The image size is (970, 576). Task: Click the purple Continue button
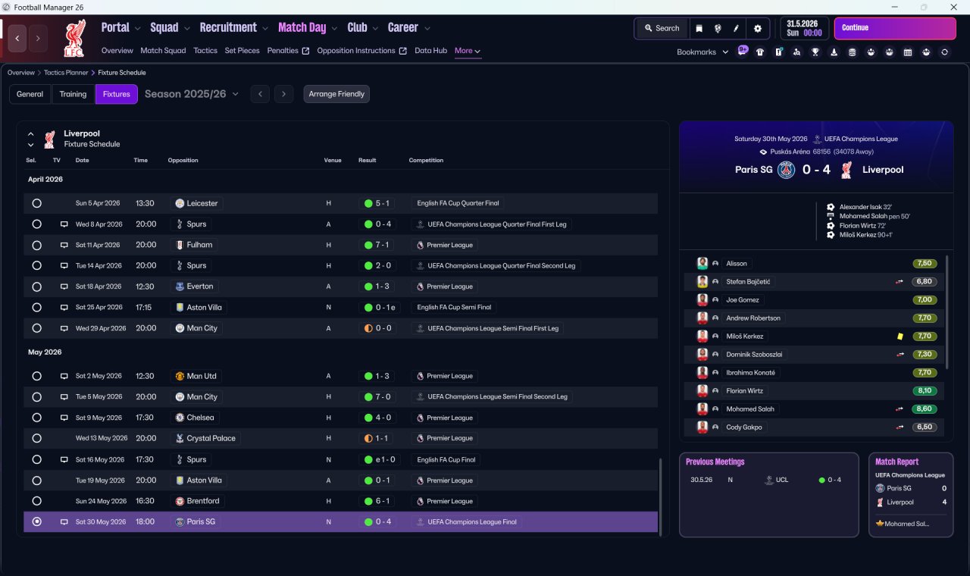pos(895,28)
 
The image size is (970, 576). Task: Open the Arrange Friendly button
pos(336,94)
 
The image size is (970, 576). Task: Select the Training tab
pos(73,94)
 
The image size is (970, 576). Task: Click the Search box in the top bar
pos(662,29)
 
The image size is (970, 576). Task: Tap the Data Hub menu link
pos(430,51)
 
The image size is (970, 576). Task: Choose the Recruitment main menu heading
pos(228,28)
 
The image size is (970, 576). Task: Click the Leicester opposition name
pos(202,203)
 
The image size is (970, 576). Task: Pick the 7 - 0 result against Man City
pos(383,396)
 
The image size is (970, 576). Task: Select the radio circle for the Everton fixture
pos(37,286)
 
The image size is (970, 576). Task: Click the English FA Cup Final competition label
pos(446,459)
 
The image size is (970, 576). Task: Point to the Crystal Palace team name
pos(211,438)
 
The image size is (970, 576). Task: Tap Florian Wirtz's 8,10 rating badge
pos(925,390)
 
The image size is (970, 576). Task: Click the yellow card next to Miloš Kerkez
pos(900,336)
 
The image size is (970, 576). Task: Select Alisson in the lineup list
pos(736,263)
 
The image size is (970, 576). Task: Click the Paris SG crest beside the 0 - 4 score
pos(786,170)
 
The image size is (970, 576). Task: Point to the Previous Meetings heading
pos(715,462)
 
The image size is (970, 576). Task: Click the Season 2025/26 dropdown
pos(192,94)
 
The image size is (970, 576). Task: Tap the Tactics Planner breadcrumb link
pos(66,73)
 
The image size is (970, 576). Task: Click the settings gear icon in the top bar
pos(757,29)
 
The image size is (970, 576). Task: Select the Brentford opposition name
pos(202,501)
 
